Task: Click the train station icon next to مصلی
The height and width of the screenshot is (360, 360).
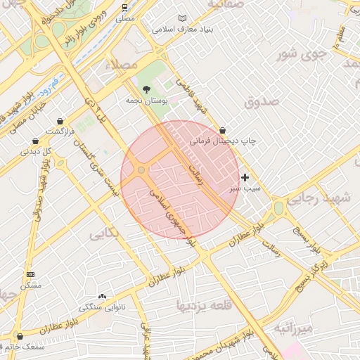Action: pyautogui.click(x=124, y=7)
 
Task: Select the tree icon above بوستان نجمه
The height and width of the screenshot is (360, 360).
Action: pyautogui.click(x=146, y=89)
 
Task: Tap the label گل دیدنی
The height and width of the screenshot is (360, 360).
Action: pyautogui.click(x=37, y=150)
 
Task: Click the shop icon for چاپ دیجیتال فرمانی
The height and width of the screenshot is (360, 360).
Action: pyautogui.click(x=223, y=130)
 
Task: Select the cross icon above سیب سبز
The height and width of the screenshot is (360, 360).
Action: pyautogui.click(x=245, y=177)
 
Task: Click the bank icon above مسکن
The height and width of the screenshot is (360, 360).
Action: pyautogui.click(x=30, y=274)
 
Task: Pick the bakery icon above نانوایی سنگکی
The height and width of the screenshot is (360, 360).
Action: pyautogui.click(x=103, y=296)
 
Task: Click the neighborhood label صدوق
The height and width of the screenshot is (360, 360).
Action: pyautogui.click(x=262, y=102)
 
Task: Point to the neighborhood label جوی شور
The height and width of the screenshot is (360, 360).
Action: pyautogui.click(x=301, y=54)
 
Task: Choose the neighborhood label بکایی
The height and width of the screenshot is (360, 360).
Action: pyautogui.click(x=108, y=236)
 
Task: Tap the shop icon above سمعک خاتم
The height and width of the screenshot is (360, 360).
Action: pyautogui.click(x=19, y=336)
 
